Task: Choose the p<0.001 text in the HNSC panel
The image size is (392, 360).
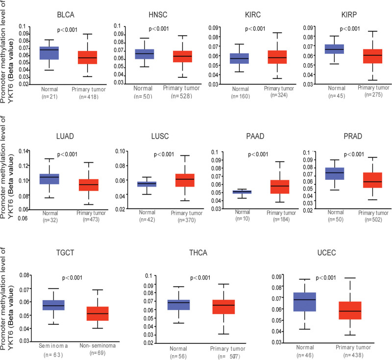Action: pyautogui.click(x=162, y=29)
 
